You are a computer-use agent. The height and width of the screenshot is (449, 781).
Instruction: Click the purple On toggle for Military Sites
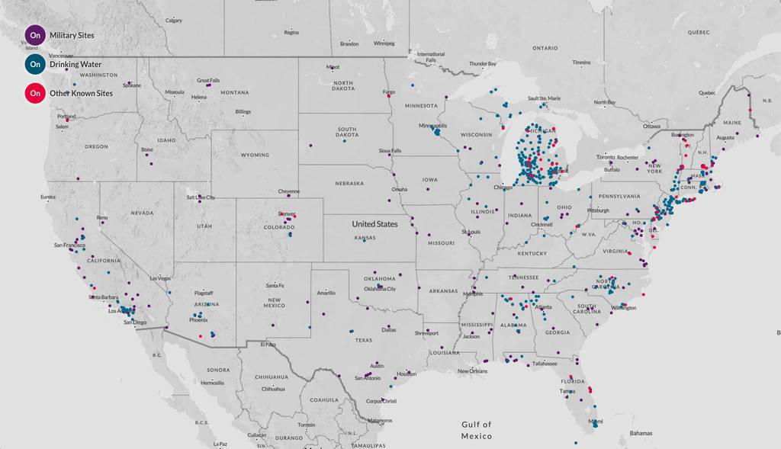(35, 35)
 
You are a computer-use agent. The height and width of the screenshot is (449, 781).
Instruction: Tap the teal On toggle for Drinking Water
(35, 64)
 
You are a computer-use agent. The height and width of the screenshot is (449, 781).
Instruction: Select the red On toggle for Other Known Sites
(35, 93)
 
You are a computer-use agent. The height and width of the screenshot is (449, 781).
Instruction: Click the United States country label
(374, 224)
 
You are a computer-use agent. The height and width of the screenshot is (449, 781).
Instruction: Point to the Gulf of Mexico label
(477, 430)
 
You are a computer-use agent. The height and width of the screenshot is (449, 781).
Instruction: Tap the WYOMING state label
(255, 155)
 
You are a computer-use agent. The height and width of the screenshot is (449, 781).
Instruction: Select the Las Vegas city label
(161, 278)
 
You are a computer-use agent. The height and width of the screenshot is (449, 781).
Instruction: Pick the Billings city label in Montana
(243, 112)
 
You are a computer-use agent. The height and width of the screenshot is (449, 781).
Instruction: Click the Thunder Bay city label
(482, 64)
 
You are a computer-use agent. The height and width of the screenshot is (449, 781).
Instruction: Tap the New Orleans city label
(472, 371)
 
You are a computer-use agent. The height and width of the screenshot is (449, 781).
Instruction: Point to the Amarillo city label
(326, 293)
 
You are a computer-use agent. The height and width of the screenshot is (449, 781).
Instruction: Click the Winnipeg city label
(384, 43)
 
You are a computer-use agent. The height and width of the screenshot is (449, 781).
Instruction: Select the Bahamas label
(641, 433)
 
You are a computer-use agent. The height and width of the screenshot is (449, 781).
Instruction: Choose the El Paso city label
(268, 345)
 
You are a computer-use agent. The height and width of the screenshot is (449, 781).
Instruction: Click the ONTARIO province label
(545, 47)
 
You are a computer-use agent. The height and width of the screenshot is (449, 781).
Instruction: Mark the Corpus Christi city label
(381, 401)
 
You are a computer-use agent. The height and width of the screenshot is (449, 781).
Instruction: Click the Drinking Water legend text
(76, 64)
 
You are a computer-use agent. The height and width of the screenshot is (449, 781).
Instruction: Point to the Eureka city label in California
(48, 197)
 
